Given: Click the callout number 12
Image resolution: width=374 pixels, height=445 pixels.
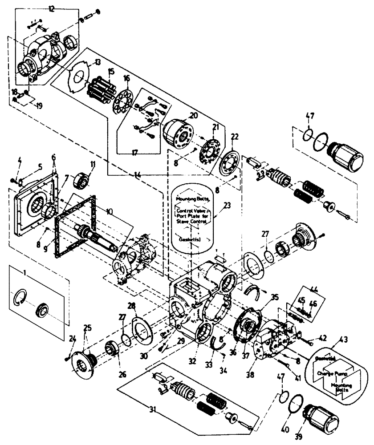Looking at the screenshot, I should (x=52, y=8).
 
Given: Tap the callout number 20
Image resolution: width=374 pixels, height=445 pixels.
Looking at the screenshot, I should (x=193, y=115).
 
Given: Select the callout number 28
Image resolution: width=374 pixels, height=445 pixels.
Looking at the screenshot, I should (x=132, y=306).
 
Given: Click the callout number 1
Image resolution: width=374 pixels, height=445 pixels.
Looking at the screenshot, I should (x=17, y=270).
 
